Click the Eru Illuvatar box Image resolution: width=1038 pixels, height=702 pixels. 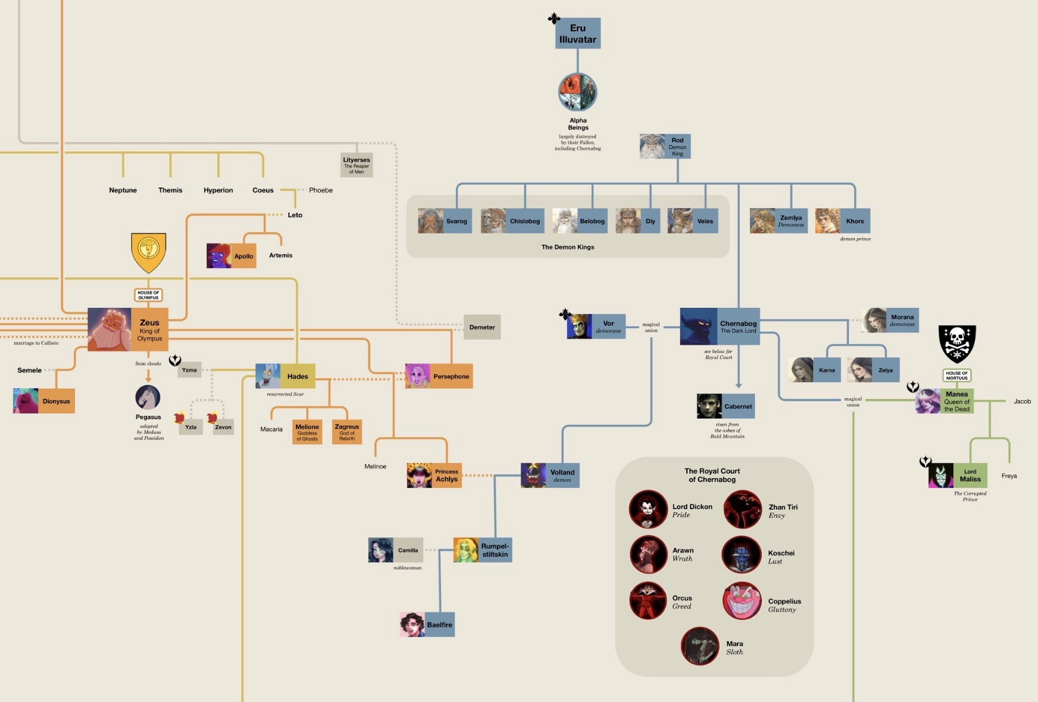click(x=578, y=33)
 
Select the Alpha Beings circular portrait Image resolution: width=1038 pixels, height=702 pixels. click(x=577, y=92)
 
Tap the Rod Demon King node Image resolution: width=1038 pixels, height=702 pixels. click(x=665, y=146)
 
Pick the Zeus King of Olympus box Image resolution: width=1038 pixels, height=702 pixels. click(x=128, y=329)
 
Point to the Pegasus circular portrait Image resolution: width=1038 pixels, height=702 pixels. click(x=148, y=398)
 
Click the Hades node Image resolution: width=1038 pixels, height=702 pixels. click(x=285, y=376)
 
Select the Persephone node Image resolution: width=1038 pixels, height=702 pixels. click(x=439, y=376)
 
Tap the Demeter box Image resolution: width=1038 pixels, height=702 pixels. click(x=482, y=327)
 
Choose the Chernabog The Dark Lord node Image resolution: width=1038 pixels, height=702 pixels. click(x=720, y=326)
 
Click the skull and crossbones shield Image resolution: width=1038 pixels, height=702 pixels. click(x=957, y=344)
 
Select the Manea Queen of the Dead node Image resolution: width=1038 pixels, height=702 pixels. click(x=945, y=401)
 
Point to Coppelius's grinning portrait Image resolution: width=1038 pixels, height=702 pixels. click(x=742, y=601)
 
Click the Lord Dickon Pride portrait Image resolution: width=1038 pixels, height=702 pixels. click(x=648, y=509)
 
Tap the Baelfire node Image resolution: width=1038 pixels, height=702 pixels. click(x=427, y=625)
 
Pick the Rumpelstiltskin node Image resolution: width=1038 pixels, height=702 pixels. click(x=483, y=550)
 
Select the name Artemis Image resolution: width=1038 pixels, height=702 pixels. click(x=280, y=255)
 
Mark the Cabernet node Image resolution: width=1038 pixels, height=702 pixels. click(x=726, y=406)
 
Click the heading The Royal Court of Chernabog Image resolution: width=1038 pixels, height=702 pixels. click(x=712, y=475)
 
